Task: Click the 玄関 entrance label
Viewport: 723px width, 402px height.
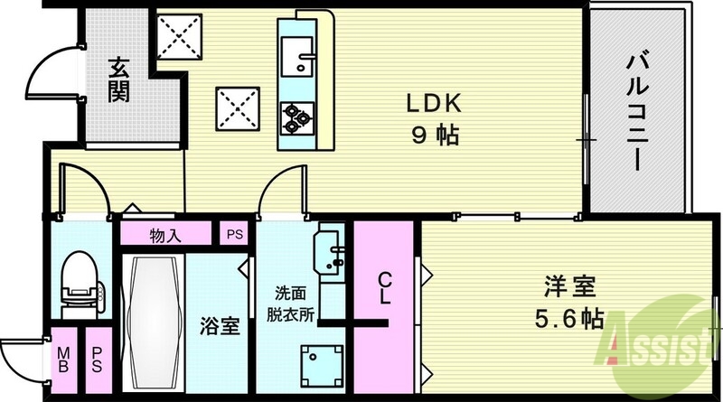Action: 117,79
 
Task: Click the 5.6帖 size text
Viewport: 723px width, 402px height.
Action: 569,320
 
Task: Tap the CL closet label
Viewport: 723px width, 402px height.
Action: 384,288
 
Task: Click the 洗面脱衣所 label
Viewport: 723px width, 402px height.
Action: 295,304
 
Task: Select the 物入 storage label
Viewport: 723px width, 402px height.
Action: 167,236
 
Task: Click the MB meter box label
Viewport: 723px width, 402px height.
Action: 64,360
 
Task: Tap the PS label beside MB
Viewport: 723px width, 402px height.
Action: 96,360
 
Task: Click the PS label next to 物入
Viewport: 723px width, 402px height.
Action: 235,236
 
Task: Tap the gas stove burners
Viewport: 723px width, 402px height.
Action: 297,113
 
